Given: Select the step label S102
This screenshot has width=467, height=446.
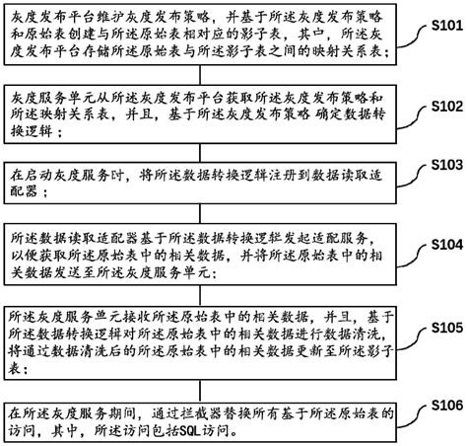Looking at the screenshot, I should tap(441, 105).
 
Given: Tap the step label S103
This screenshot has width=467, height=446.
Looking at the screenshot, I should tap(441, 162).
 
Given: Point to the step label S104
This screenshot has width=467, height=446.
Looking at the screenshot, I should tap(441, 242).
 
